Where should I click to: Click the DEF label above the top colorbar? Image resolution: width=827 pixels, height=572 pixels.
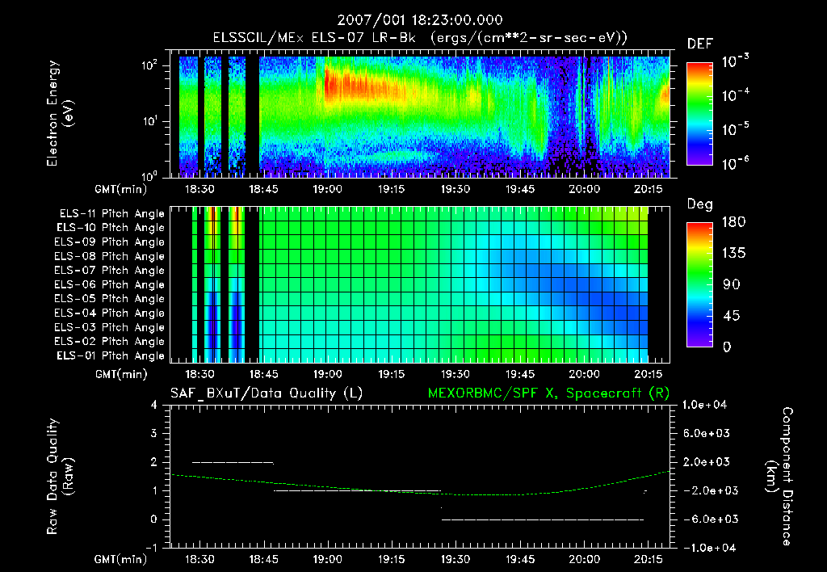point(699,44)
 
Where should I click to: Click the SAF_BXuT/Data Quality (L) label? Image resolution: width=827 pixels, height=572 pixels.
point(265,393)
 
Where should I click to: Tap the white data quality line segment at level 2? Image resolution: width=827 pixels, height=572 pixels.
point(233,462)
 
